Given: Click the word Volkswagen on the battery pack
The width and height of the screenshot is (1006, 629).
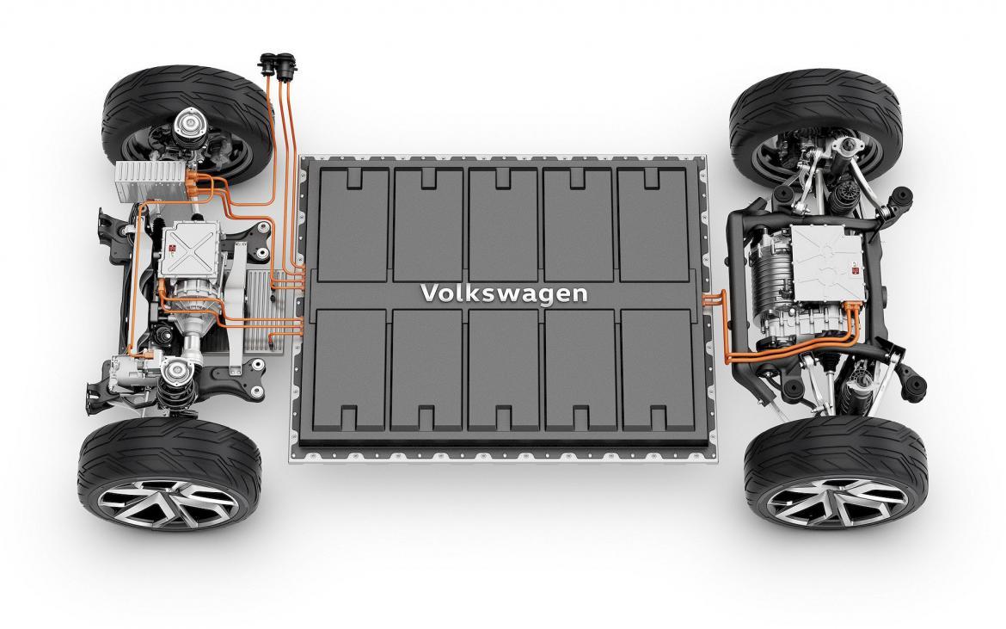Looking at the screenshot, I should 504,293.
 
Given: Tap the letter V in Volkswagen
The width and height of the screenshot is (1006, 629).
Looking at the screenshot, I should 427,293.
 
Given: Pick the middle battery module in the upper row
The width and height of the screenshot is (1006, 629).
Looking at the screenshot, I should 503,222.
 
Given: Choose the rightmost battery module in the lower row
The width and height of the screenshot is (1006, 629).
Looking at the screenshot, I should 656,370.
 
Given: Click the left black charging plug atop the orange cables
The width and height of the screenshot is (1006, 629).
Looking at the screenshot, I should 267,65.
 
